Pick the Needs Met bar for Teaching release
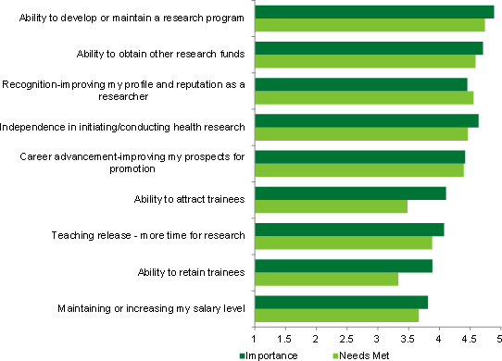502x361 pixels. coord(343,243)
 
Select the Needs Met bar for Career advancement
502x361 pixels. coord(358,169)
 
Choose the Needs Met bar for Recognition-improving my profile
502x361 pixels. coord(363,97)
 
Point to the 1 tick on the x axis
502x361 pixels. coord(255,326)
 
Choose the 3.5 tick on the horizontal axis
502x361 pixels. coord(408,326)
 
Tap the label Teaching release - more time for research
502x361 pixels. coord(148,235)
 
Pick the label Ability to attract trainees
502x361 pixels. coord(189,199)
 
